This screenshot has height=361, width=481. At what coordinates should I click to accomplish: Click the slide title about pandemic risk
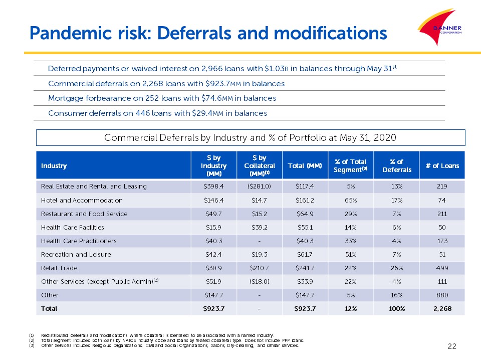click(x=208, y=33)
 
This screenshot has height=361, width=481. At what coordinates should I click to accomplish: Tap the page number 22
click(x=452, y=345)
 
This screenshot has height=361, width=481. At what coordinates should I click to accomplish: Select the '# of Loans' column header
click(x=442, y=165)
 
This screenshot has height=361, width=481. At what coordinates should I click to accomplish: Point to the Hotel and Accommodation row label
click(x=82, y=200)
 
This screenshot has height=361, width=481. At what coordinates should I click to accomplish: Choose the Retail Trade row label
click(x=59, y=268)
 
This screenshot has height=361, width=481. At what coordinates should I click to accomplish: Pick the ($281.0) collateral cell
click(x=257, y=187)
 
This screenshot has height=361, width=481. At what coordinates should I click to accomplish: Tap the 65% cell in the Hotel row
click(x=350, y=200)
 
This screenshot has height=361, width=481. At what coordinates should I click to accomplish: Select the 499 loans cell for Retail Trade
click(x=442, y=268)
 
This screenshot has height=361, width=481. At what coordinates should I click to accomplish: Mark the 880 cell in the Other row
click(x=442, y=295)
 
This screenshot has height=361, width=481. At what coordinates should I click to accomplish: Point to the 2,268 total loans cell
click(x=442, y=309)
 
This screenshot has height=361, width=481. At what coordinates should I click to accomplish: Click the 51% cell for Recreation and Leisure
click(x=350, y=255)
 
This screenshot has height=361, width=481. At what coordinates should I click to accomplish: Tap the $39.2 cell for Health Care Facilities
click(x=257, y=227)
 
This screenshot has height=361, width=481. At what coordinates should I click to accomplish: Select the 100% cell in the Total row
click(x=397, y=309)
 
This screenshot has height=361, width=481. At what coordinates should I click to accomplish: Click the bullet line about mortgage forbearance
click(x=162, y=98)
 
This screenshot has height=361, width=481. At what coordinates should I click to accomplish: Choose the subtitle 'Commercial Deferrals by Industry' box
click(x=251, y=137)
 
